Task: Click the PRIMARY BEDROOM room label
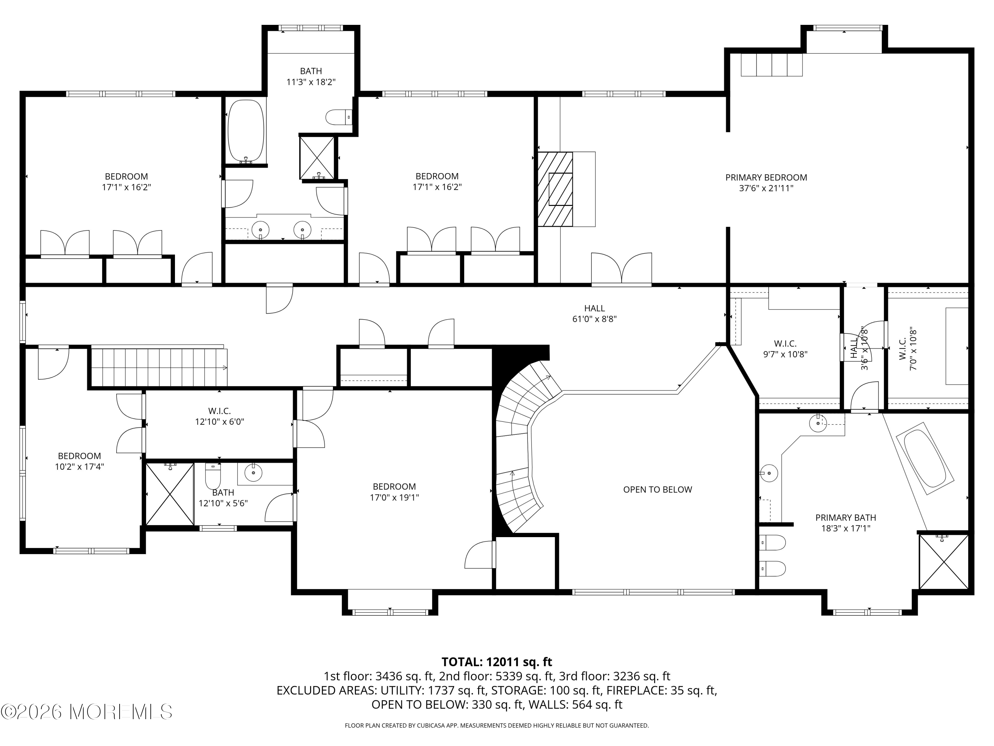766,183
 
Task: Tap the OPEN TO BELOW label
657,490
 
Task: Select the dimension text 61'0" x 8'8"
594,319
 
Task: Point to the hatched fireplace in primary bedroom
555,189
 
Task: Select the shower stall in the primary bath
943,561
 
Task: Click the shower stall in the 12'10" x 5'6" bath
170,494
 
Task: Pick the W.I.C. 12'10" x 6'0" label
219,416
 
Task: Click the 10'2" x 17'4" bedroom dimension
80,467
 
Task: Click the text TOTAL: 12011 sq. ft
497,661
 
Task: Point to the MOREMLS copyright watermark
86,712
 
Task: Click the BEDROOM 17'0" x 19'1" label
394,492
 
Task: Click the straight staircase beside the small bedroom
159,366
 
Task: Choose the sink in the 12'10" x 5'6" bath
253,472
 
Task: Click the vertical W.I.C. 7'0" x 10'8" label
907,350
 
